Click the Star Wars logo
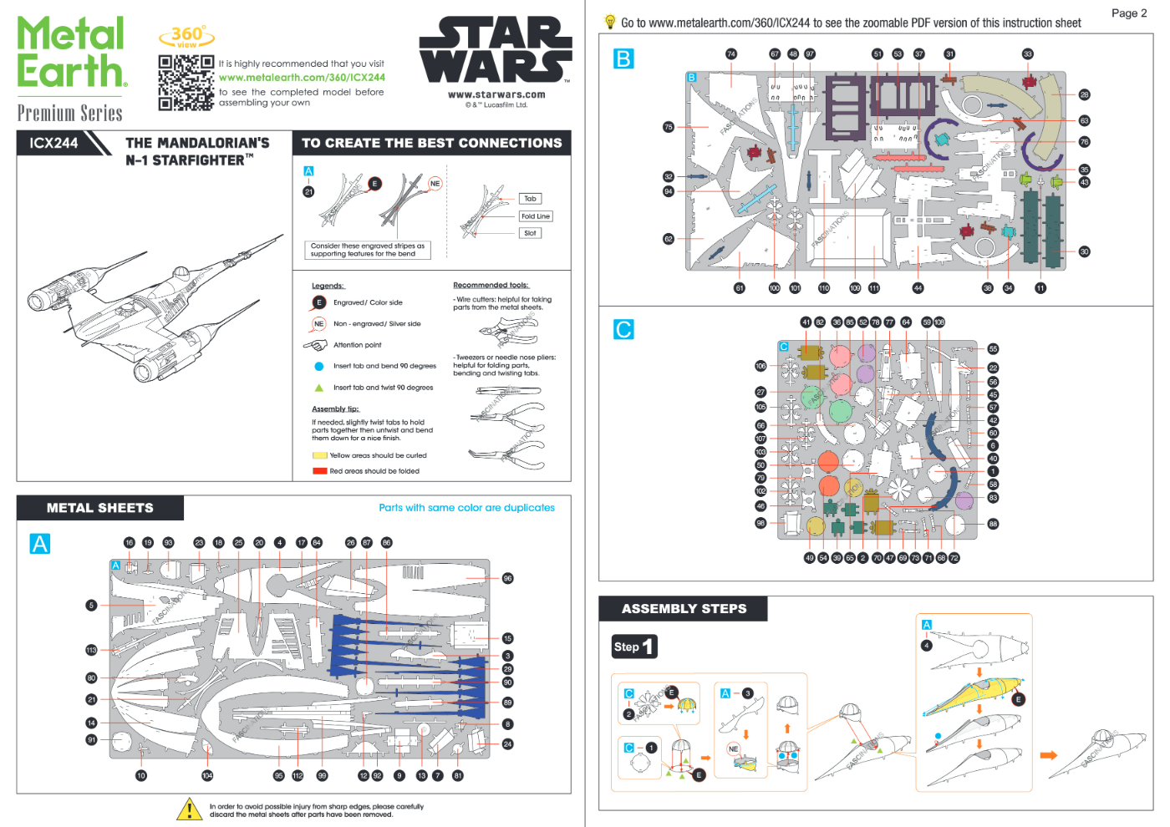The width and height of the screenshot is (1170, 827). [x=496, y=50]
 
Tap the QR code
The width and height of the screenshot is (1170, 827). [x=186, y=83]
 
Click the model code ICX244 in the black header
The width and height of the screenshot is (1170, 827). [x=53, y=143]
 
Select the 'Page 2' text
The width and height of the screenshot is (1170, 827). [x=1128, y=13]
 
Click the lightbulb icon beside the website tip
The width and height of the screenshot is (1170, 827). [x=610, y=23]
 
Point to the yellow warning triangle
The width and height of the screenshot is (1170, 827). [x=190, y=809]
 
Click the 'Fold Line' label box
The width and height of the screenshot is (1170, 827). [x=536, y=216]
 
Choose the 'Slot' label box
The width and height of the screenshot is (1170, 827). [x=530, y=233]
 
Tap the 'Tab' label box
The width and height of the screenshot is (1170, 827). [x=530, y=199]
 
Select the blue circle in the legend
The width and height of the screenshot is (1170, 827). [x=318, y=366]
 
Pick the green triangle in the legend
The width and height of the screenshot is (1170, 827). [x=318, y=388]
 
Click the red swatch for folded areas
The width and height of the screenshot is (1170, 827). [x=319, y=471]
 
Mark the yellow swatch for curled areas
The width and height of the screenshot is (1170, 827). [x=319, y=455]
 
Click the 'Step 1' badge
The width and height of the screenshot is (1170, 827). [x=634, y=647]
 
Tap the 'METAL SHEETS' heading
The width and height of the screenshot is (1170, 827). [x=100, y=508]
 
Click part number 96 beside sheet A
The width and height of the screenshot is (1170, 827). [x=507, y=578]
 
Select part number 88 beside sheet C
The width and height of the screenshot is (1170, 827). [x=993, y=524]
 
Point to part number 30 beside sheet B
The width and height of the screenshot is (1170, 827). [x=1084, y=251]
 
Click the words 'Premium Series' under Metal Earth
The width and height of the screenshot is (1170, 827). [x=70, y=113]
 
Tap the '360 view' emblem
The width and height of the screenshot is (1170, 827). [x=187, y=36]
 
